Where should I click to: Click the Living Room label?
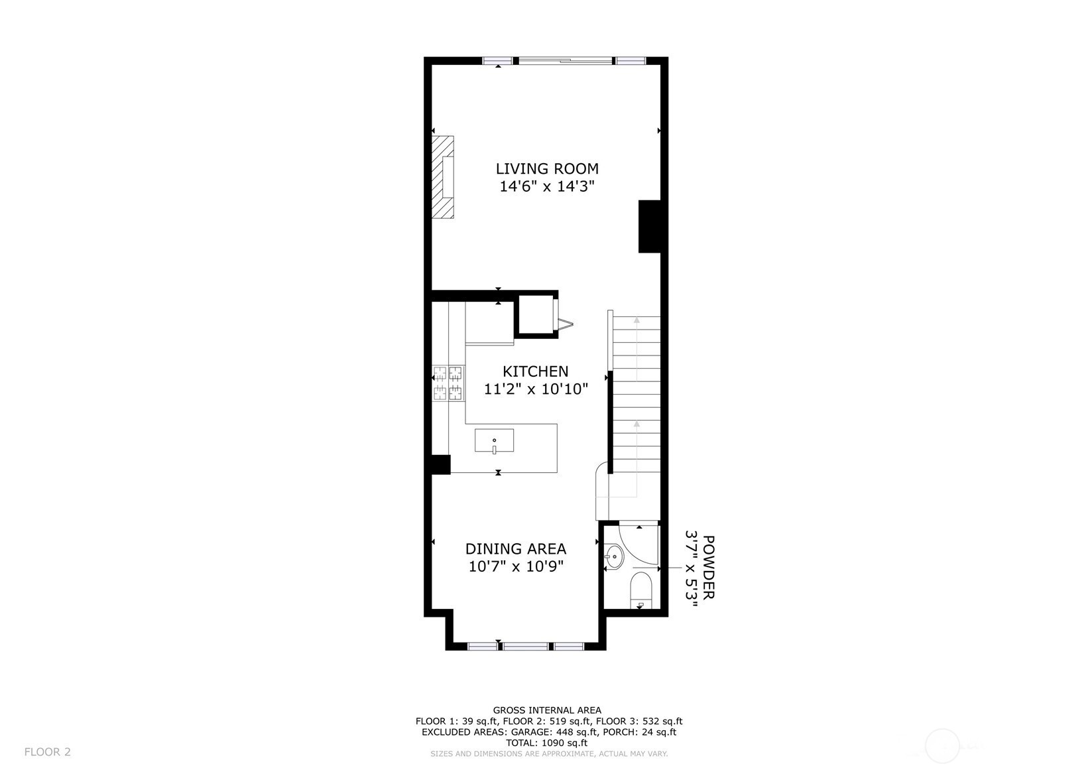[x=547, y=168]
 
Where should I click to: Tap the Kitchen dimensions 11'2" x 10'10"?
[x=536, y=389]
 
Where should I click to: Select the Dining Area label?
[x=516, y=549]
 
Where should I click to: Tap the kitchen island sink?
[x=495, y=441]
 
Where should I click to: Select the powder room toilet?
[x=640, y=590]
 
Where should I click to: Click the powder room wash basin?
[x=613, y=556]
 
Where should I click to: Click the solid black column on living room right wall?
[x=649, y=226]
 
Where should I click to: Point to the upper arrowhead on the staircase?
[x=637, y=320]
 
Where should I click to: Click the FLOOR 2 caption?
[x=47, y=751]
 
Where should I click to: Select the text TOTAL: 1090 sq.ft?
[x=546, y=743]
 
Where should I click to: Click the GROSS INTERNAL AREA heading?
[x=547, y=710]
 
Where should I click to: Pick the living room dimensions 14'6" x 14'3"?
[x=547, y=186]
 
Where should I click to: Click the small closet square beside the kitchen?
[x=536, y=314]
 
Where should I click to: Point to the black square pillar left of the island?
[x=441, y=464]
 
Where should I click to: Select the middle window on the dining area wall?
[x=526, y=646]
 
